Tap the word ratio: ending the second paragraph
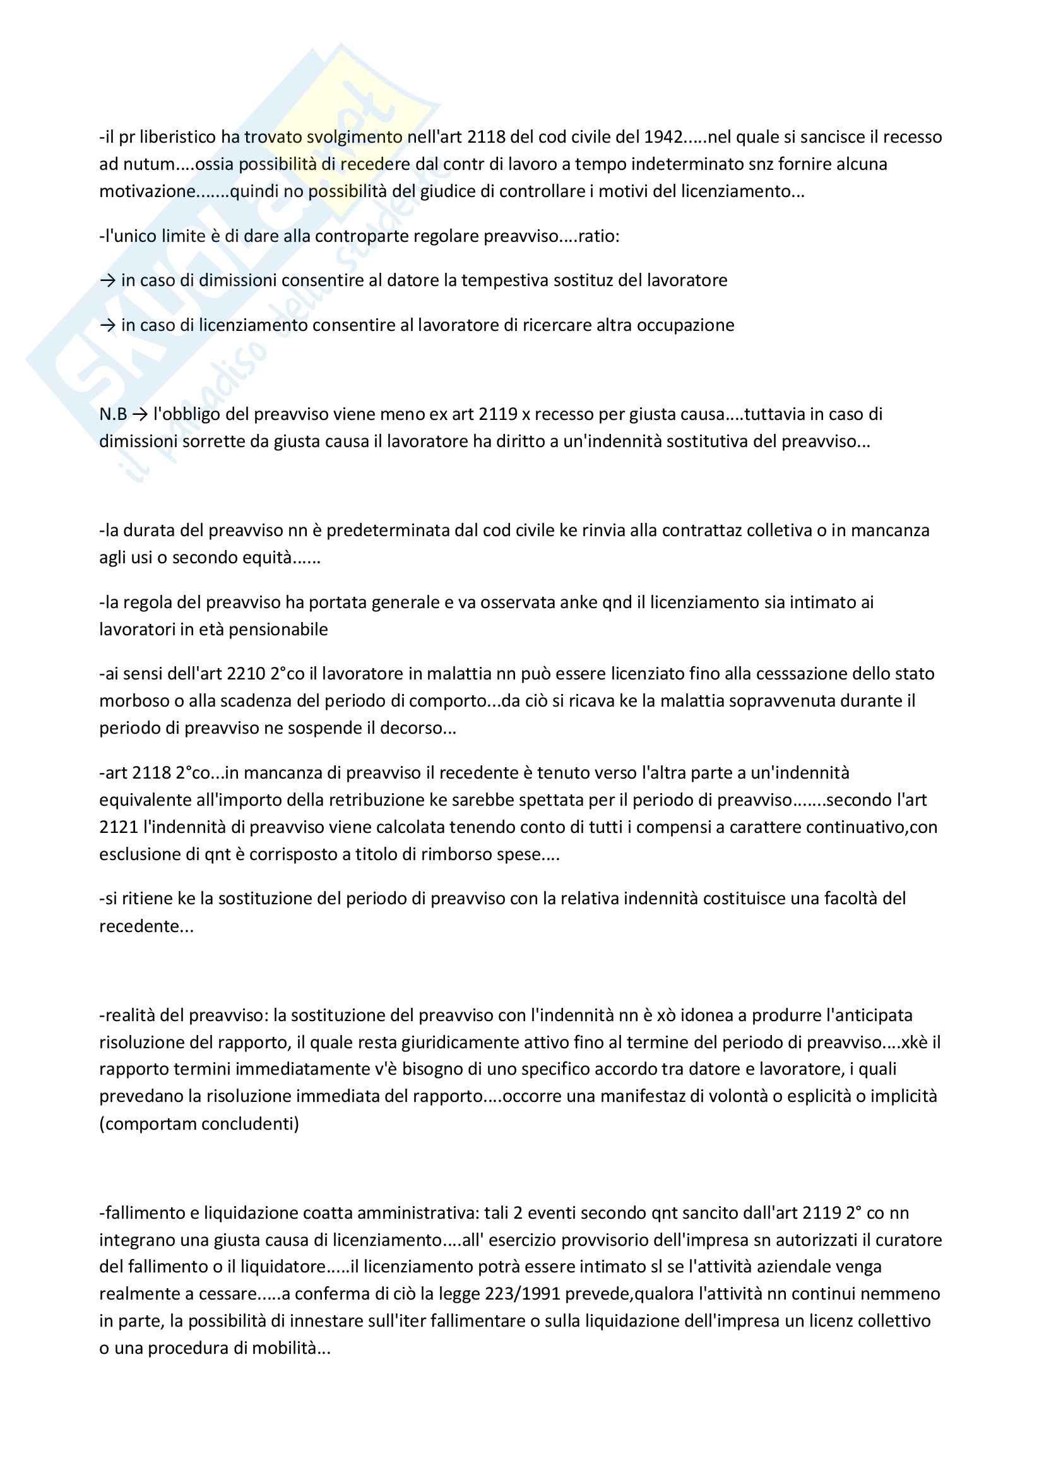pyautogui.click(x=599, y=236)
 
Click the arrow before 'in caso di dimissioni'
pyautogui.click(x=107, y=280)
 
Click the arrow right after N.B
pyautogui.click(x=139, y=414)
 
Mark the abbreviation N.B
pyautogui.click(x=113, y=414)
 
